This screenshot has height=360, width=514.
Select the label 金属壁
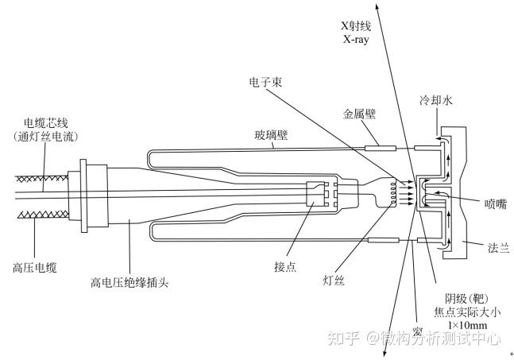point(359,114)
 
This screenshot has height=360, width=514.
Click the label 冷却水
point(436,101)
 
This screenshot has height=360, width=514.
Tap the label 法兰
point(498,249)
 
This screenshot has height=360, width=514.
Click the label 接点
point(284,266)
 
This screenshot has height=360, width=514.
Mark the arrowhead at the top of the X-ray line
point(376,6)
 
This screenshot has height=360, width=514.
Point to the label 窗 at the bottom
point(416,331)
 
